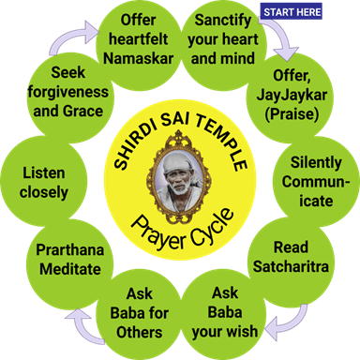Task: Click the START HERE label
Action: click(291, 12)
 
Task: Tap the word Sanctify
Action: click(223, 21)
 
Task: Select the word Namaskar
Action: click(139, 58)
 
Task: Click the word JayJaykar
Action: click(292, 96)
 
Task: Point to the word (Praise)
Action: click(292, 114)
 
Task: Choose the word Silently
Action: click(316, 163)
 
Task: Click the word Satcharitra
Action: click(291, 266)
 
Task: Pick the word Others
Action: click(140, 332)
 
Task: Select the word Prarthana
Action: click(70, 250)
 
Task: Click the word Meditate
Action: click(70, 269)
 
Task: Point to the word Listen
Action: click(44, 173)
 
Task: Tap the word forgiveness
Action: click(68, 92)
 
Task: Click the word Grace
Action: click(82, 112)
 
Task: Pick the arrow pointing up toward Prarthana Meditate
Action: click(84, 326)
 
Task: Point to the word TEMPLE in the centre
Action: click(222, 142)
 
